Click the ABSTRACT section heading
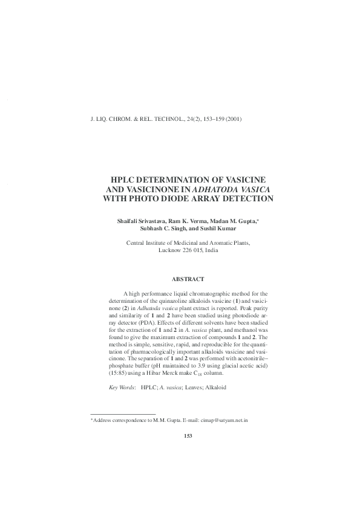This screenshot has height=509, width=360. click(x=188, y=279)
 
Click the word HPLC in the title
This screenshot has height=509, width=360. click(x=125, y=180)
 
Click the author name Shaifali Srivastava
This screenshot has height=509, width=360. click(x=143, y=222)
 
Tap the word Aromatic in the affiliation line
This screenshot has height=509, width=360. click(x=211, y=242)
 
